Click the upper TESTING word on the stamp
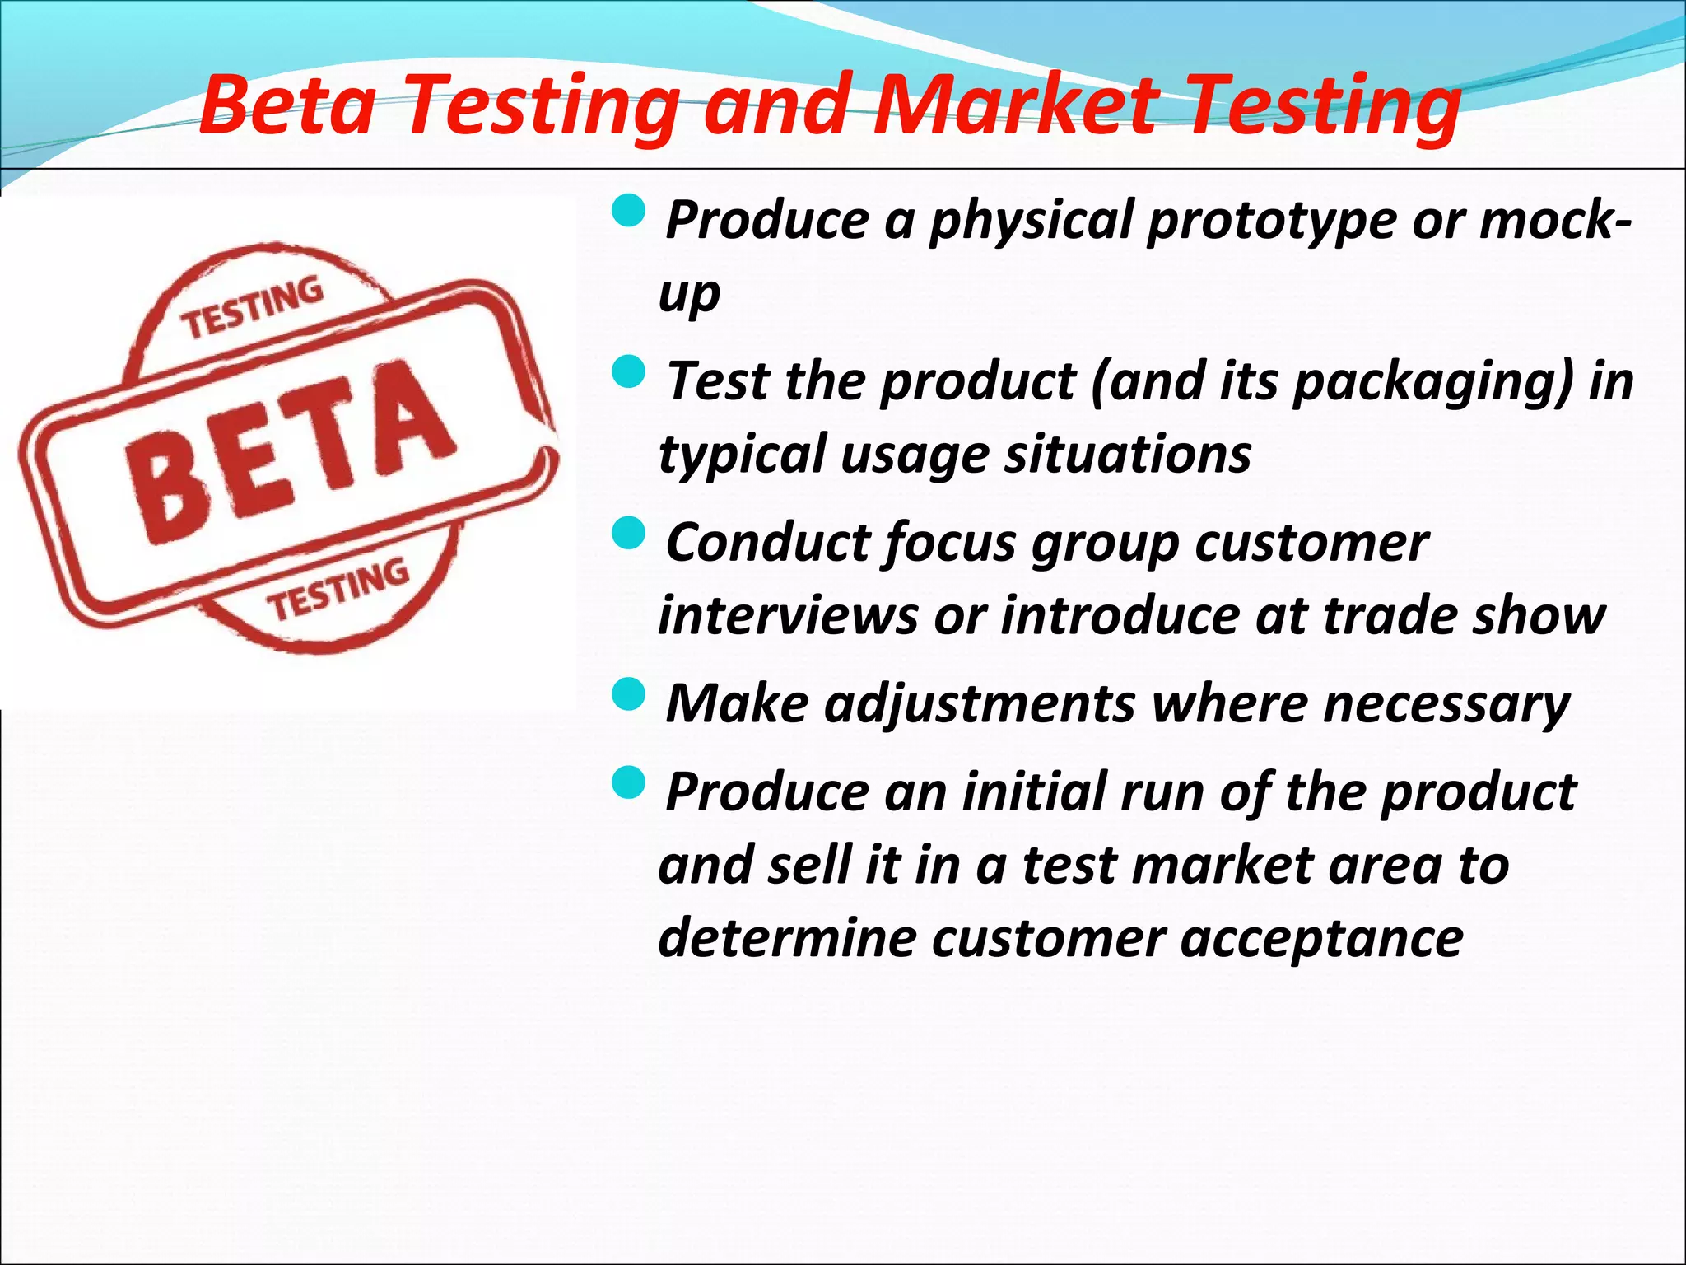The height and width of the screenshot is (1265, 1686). pyautogui.click(x=254, y=309)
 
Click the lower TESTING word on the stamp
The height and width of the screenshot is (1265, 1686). pyautogui.click(x=338, y=590)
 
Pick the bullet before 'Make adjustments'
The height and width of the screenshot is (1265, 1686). pyautogui.click(x=631, y=696)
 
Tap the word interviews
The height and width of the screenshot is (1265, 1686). pyautogui.click(x=787, y=616)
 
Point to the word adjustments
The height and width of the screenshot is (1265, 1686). pyautogui.click(x=980, y=705)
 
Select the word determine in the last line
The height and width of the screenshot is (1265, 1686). pyautogui.click(x=786, y=938)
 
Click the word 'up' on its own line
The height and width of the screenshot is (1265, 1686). pyautogui.click(x=689, y=295)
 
